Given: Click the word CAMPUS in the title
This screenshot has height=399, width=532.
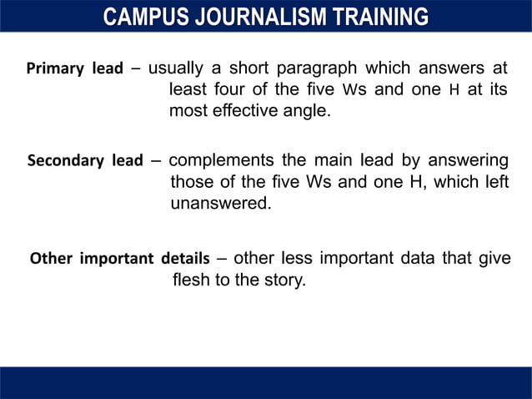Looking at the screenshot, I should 143,16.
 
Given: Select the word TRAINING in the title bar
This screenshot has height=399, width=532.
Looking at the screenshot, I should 381,16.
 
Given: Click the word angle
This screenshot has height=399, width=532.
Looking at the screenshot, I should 306,111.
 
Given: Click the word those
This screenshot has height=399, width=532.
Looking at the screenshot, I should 191,181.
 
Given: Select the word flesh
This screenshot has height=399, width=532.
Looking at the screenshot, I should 191,280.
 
